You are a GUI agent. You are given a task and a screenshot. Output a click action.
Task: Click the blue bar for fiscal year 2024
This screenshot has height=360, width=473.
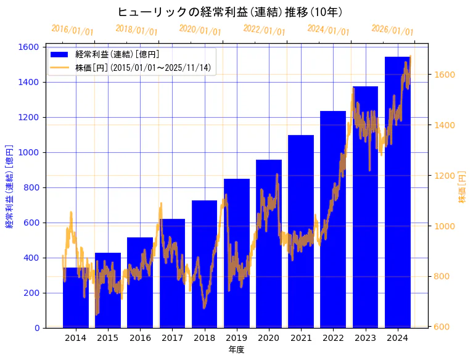point(398,197)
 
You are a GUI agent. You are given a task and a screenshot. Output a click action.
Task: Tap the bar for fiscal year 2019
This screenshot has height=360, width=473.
point(237,259)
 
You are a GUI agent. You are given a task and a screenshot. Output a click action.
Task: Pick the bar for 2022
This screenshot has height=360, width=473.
point(333,222)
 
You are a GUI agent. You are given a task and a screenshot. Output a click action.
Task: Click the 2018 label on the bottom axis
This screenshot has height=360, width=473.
point(204,338)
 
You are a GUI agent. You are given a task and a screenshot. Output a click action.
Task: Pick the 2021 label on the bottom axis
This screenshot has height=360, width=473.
point(301,338)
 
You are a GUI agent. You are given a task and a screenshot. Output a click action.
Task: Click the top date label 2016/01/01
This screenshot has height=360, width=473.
point(72,30)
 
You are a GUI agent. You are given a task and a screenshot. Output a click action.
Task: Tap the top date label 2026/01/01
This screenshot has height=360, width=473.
point(392,30)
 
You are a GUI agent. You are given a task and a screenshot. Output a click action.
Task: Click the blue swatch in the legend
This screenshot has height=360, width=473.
point(60,55)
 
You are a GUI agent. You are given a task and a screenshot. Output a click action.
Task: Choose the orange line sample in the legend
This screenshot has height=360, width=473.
point(60,68)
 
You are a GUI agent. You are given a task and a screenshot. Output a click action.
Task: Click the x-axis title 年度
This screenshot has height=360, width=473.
point(236,350)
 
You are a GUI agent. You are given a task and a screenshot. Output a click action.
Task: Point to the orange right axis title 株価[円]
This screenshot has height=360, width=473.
point(463,187)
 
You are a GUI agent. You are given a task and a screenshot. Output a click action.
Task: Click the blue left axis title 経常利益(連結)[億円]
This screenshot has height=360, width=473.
point(9,187)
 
